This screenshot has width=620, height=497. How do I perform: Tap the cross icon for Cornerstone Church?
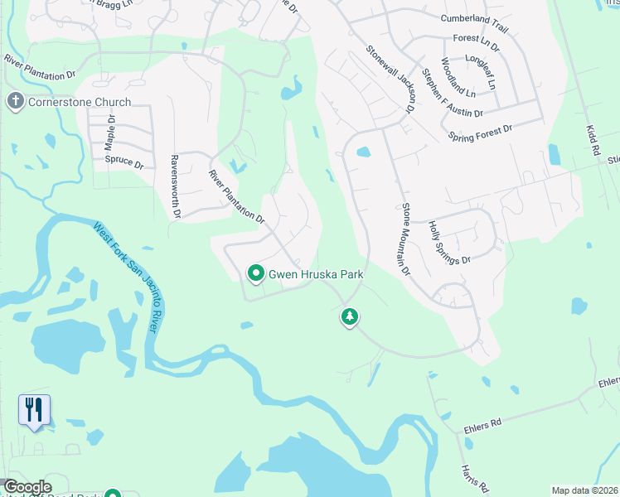(14, 102)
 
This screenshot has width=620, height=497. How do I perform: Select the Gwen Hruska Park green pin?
(256, 273)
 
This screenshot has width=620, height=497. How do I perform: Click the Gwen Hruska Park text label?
(315, 273)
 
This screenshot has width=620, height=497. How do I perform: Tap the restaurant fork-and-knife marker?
(34, 409)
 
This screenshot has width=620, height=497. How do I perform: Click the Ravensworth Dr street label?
(175, 186)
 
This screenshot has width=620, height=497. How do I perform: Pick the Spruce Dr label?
(124, 161)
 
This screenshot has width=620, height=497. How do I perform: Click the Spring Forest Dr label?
(480, 132)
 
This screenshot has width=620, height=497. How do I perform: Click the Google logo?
(27, 487)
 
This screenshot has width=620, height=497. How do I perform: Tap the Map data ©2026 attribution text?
(584, 490)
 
